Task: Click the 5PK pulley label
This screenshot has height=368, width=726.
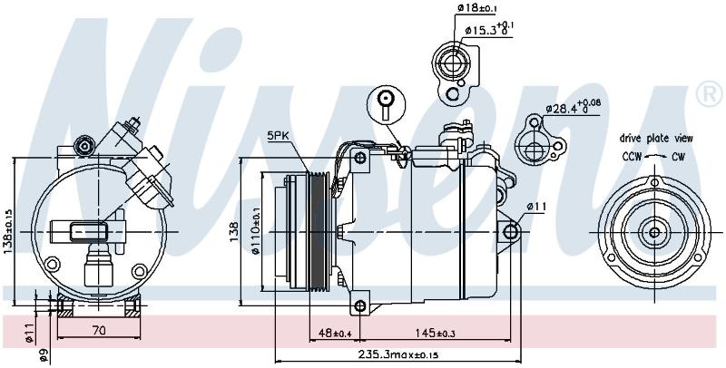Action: coord(280,136)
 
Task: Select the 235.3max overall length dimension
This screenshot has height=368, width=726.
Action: coord(398,355)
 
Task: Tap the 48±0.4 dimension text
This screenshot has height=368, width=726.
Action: coord(333,332)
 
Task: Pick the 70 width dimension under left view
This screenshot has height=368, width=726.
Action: coord(99,330)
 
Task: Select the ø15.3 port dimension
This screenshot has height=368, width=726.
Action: coord(489,29)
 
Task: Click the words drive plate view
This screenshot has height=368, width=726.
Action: coord(656,138)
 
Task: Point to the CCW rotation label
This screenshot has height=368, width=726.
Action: coord(632,157)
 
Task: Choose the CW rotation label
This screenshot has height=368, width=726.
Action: coord(678,157)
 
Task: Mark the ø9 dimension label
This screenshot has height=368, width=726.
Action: coord(43,354)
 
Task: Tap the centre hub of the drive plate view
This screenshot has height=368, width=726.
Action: coord(654,232)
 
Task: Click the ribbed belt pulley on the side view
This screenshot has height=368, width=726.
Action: coord(319,231)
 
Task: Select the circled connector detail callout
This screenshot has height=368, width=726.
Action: coord(387,104)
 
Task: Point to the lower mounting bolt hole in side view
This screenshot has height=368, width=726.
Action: coord(360,305)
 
